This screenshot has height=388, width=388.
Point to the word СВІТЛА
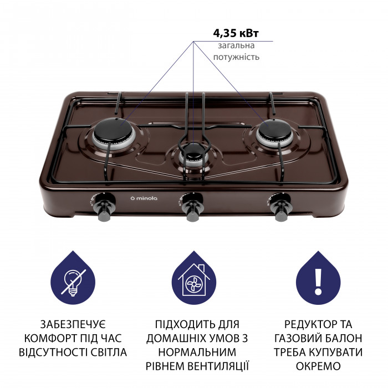(105, 352)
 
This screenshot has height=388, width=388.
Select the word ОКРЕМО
(318, 366)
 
